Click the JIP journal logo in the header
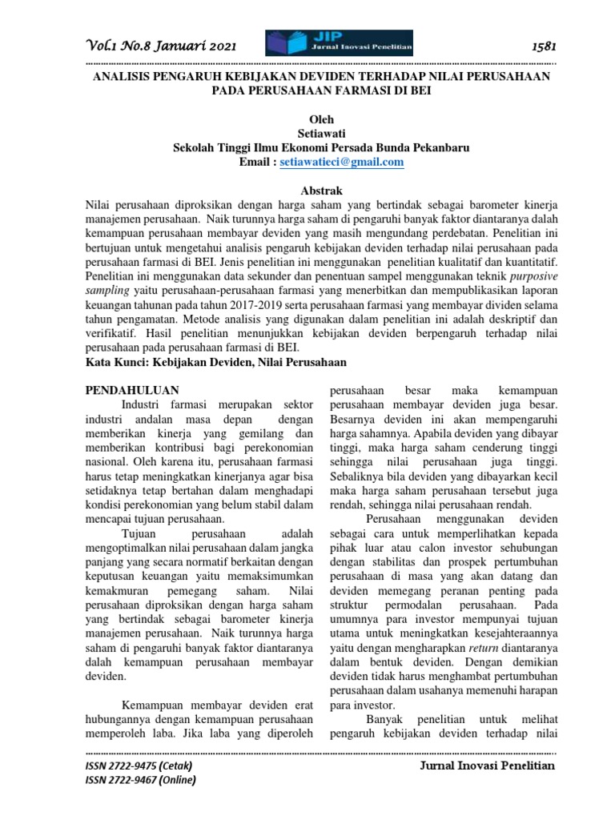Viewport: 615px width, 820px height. point(339,44)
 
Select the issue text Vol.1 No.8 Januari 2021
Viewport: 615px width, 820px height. point(160,47)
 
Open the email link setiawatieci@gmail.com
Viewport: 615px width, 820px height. point(341,162)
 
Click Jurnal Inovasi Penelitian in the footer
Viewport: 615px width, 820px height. point(486,766)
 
